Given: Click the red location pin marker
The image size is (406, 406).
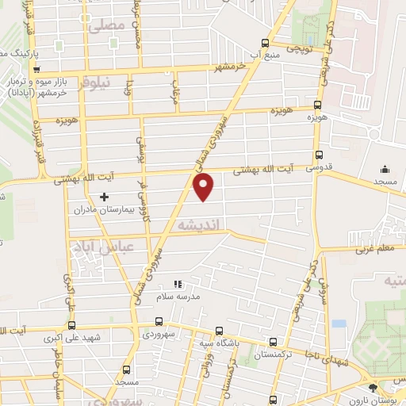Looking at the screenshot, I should click(204, 187).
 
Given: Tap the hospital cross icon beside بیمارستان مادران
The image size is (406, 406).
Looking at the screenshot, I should click(104, 197).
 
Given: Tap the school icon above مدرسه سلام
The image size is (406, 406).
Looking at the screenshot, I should click(178, 283).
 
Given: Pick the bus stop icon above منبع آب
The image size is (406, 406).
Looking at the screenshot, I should click(266, 44).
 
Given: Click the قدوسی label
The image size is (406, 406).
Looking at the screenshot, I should click(319, 168).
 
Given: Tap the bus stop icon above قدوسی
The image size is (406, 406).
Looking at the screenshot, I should click(319, 155).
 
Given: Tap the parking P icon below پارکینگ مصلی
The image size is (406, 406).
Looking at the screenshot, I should click(37, 68).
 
